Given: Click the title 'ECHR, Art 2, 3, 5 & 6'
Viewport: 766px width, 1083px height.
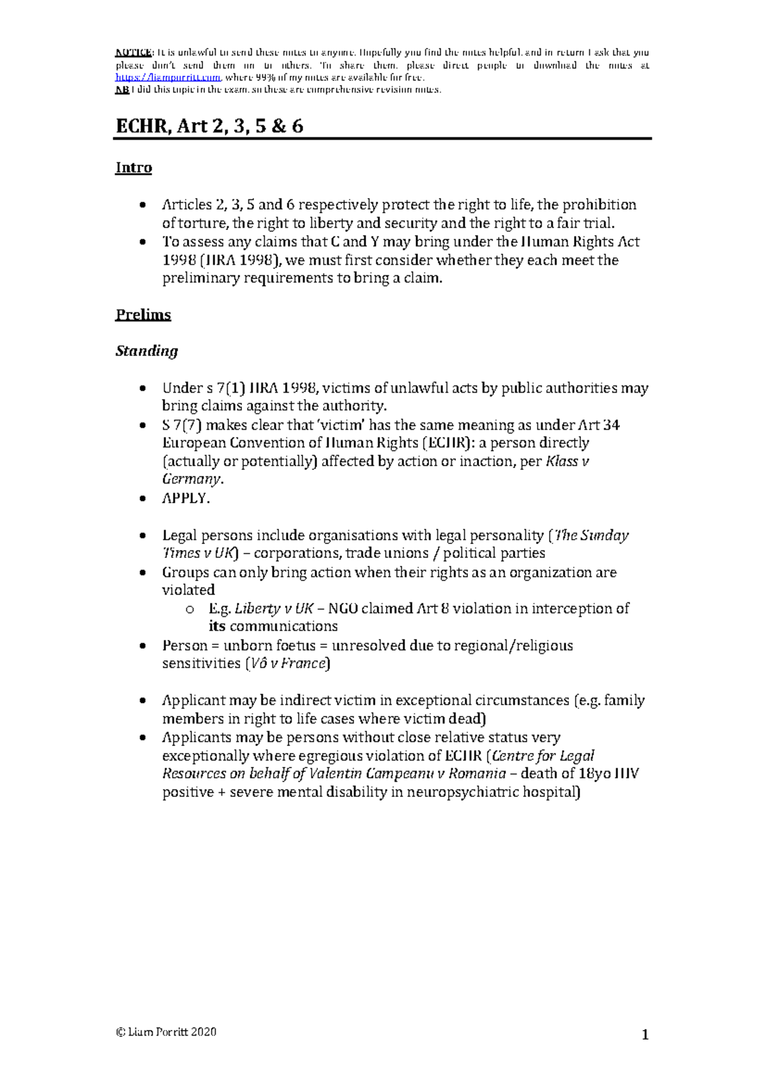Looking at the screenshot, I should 209,126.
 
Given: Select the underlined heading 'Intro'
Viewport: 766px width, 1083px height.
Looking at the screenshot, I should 133,168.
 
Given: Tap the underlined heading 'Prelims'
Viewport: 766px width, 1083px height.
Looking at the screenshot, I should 143,315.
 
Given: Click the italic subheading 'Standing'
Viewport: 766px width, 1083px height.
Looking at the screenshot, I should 146,351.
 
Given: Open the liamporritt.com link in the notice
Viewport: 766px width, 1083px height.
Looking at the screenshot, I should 169,77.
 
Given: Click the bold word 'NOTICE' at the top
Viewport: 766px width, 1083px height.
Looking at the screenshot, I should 133,52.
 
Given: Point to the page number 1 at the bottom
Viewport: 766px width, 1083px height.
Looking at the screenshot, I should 645,1034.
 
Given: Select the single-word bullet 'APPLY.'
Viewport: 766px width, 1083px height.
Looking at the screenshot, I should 186,498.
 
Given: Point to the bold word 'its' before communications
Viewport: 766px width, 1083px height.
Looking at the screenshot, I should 217,626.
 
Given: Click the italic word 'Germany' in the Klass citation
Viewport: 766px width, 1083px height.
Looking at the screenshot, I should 191,479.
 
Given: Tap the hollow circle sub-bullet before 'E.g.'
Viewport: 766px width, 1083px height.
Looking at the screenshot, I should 190,609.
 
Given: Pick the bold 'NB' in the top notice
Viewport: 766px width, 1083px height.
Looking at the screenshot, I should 121,89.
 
